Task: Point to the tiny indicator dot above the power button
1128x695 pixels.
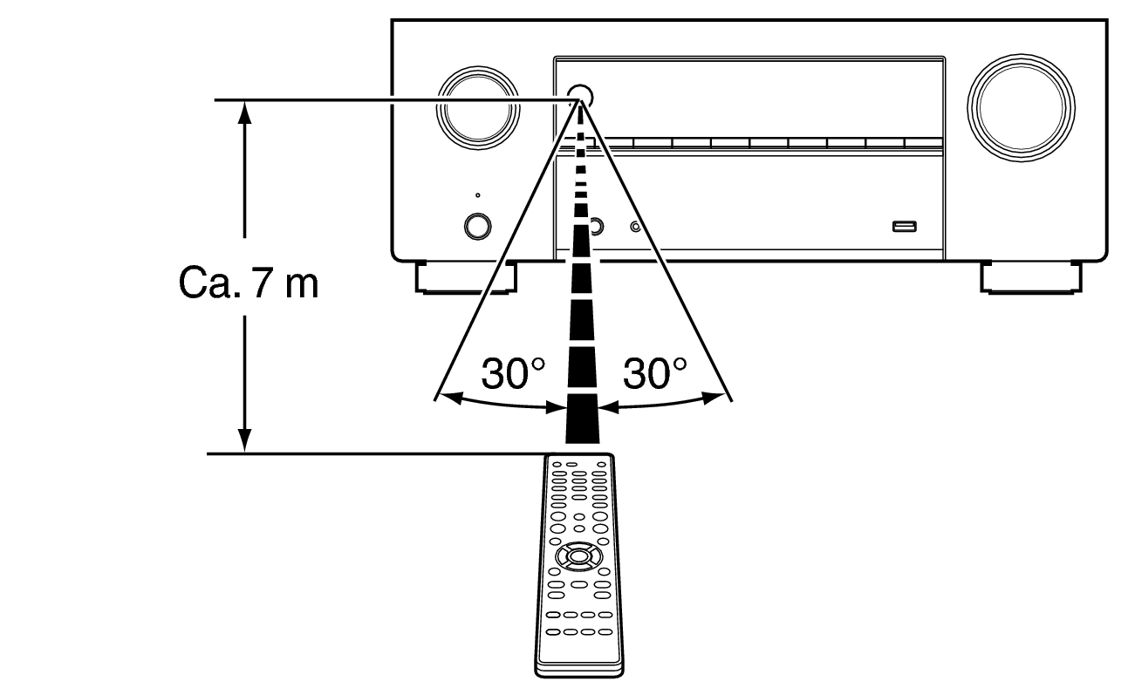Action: point(477,195)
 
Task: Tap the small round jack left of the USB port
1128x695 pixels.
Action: point(636,228)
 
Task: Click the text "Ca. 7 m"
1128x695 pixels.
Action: point(249,283)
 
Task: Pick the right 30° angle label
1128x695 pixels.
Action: point(654,374)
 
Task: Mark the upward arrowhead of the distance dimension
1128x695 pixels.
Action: point(246,108)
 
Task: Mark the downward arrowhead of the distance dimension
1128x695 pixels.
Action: point(246,443)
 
